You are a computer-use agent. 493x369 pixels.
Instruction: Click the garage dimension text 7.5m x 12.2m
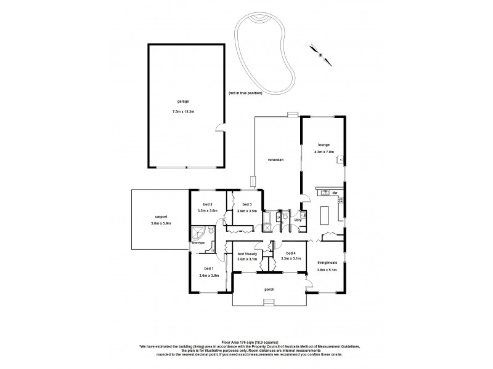[x=184, y=112]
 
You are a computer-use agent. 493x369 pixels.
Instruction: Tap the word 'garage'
[x=184, y=102]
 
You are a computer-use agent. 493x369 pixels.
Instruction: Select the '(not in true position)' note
[x=245, y=93]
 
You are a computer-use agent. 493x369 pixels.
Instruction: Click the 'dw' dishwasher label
[x=335, y=193]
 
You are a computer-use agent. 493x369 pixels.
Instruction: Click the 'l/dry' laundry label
[x=298, y=220]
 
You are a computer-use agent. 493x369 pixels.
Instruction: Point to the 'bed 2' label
[x=207, y=204]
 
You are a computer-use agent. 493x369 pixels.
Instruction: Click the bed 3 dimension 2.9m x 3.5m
[x=246, y=211]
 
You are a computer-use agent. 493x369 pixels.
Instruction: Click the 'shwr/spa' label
[x=197, y=243]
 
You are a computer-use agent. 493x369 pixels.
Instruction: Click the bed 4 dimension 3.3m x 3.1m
[x=290, y=259]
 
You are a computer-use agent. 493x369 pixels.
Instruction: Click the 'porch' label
[x=268, y=289]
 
